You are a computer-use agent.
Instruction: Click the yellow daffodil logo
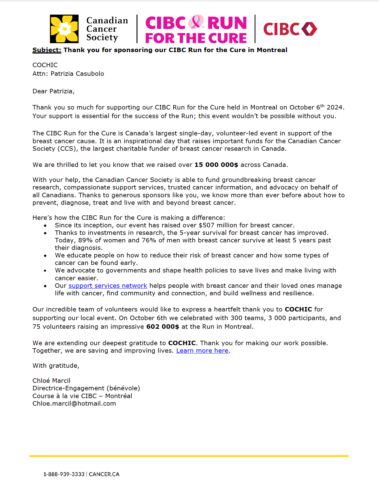64,29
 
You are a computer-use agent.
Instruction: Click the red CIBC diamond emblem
309,29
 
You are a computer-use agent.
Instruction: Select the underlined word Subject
47,50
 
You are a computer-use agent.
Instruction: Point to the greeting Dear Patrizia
53,91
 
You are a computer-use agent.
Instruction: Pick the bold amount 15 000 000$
216,165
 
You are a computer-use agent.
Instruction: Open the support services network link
108,286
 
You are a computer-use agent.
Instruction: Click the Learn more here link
202,351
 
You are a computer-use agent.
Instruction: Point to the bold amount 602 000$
162,327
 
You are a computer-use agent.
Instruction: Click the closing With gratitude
56,366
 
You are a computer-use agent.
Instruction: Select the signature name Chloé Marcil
51,381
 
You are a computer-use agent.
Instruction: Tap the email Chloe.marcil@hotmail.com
74,404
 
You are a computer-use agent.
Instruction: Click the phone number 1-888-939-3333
64,474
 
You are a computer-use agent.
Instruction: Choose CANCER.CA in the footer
104,474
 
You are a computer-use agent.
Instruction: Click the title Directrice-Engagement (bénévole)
86,388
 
